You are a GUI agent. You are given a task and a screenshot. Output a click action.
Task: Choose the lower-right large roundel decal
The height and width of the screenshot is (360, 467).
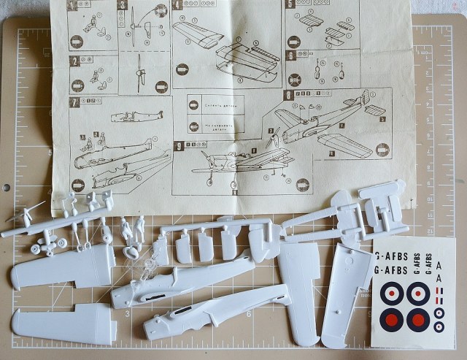(x=418, y=319)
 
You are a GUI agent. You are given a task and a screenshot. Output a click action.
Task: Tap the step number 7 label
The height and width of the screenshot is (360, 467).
(x=74, y=102)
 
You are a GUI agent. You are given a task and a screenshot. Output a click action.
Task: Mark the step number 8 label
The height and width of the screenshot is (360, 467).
(x=289, y=96)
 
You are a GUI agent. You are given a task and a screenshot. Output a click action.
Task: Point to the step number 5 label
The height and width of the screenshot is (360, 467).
(x=290, y=4)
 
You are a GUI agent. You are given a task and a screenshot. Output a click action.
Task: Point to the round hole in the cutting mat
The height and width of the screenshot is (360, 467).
(x=6, y=188)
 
